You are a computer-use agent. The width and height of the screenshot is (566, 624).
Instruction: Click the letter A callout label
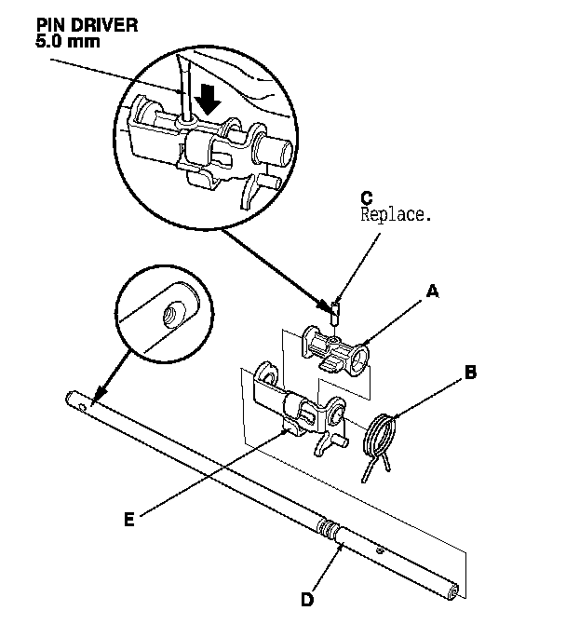pyautogui.click(x=431, y=292)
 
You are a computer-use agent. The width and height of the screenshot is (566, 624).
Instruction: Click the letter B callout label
pyautogui.click(x=471, y=373)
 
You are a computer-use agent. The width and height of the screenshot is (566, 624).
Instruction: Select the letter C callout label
pyautogui.click(x=366, y=197)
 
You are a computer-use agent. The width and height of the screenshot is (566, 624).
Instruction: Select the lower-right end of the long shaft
pyautogui.click(x=454, y=589)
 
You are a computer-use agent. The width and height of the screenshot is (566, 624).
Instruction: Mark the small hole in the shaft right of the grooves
pyautogui.click(x=380, y=550)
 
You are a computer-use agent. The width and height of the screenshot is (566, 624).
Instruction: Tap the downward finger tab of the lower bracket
pyautogui.click(x=320, y=447)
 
